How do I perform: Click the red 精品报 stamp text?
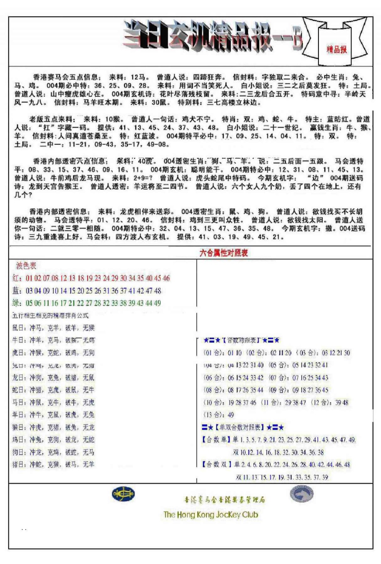tap(337, 49)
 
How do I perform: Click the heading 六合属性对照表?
tap(224, 253)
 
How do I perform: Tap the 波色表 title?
tap(26, 266)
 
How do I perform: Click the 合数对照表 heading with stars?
tap(241, 340)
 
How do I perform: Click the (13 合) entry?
tap(214, 415)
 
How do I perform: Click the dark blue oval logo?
tap(123, 494)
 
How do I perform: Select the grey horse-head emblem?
tap(302, 493)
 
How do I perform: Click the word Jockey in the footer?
tap(228, 515)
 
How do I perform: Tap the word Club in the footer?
tap(250, 515)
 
